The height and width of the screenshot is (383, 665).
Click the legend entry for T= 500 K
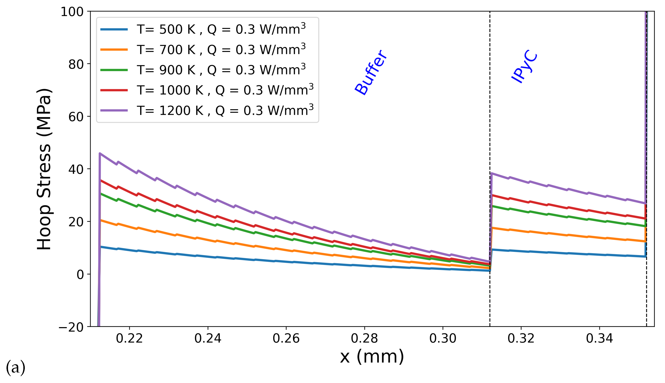[221, 29]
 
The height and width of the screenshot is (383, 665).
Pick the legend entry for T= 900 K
[221, 70]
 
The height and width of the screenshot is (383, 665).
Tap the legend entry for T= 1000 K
[225, 90]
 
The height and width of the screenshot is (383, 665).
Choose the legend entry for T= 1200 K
[225, 111]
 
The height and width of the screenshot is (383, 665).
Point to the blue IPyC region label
[524, 67]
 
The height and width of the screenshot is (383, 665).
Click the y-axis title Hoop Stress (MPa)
[44, 169]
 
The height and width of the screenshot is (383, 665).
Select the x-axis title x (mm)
[372, 357]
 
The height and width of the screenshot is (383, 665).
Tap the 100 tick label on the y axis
[72, 12]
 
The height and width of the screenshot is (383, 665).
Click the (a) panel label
[16, 367]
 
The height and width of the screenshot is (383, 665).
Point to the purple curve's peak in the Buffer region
[100, 153]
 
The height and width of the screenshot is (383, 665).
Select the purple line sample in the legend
[114, 111]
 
